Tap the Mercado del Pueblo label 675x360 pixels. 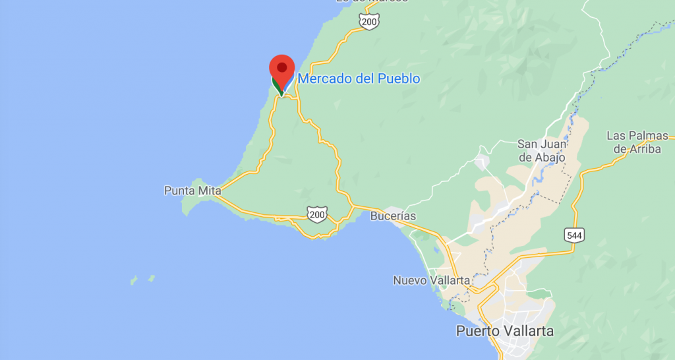coord(359,79)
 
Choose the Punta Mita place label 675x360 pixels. coord(191,191)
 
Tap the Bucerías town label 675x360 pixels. coord(394,216)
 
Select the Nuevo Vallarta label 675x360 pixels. coord(432,280)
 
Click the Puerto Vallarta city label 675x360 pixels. coord(505,331)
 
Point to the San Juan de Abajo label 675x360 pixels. coord(541,150)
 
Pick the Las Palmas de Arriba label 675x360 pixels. coord(637,142)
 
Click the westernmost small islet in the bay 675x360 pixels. coord(134,281)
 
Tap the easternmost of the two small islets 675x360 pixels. coord(151,278)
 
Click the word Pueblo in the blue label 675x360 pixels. coord(398,79)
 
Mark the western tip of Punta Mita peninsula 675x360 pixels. coord(185,206)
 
